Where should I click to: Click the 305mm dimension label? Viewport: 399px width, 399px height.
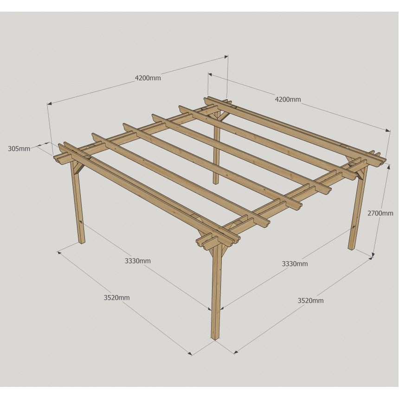point(19,148)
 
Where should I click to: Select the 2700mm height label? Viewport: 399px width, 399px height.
point(380,213)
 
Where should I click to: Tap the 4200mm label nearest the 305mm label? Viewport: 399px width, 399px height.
point(148,78)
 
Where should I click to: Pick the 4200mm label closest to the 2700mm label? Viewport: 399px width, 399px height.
point(288,99)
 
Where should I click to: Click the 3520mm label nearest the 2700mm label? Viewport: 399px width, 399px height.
point(311,301)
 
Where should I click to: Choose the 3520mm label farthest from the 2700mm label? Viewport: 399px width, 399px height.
point(116,297)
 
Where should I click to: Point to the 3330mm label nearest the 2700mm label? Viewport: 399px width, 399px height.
point(295,264)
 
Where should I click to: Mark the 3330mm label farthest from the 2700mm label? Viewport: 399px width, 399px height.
point(138,261)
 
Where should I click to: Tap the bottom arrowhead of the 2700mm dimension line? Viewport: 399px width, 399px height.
point(373,255)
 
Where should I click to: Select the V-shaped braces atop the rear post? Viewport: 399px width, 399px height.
point(217,116)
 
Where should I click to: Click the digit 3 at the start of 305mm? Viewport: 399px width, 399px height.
point(10,148)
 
